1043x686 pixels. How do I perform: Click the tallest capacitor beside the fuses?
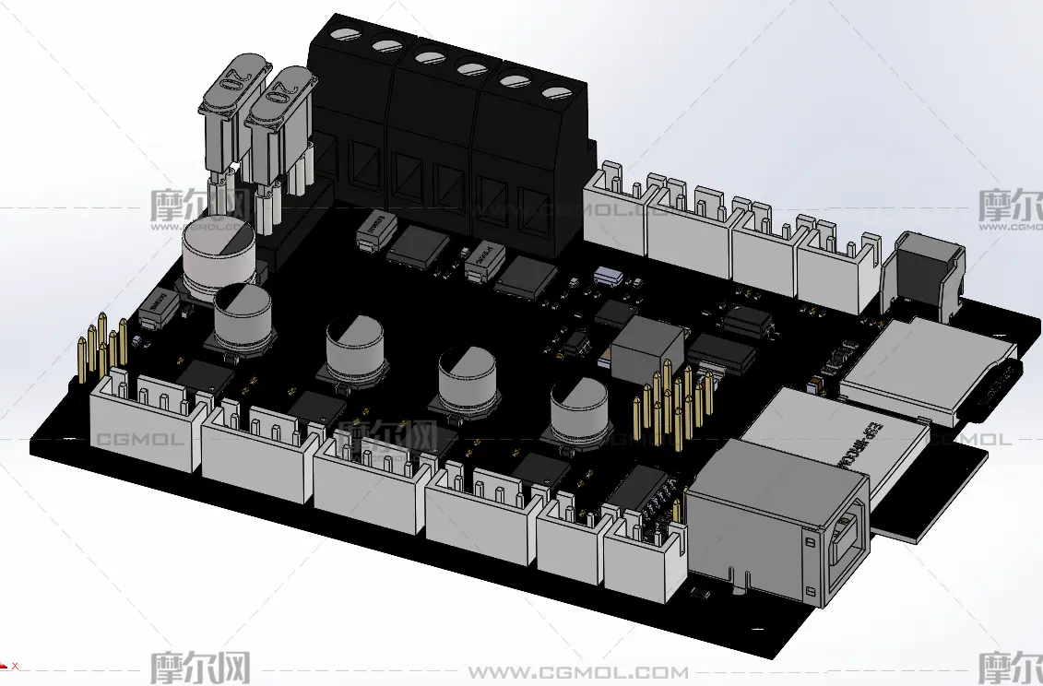219,254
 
